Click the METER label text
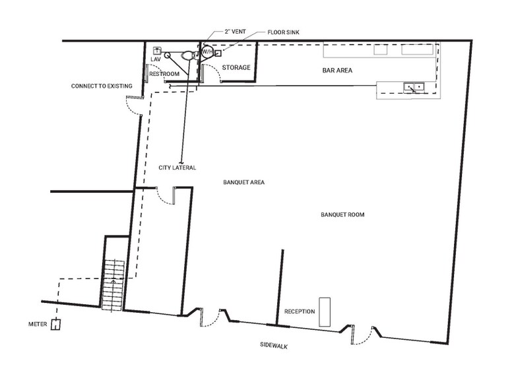pyautogui.click(x=38, y=324)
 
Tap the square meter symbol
pyautogui.click(x=57, y=325)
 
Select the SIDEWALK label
pyautogui.click(x=274, y=346)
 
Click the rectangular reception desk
pyautogui.click(x=324, y=311)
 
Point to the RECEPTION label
pyautogui.click(x=299, y=311)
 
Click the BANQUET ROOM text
pyautogui.click(x=342, y=214)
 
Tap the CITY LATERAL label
pyautogui.click(x=177, y=168)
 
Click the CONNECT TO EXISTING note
pyautogui.click(x=102, y=86)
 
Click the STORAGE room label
pyautogui.click(x=235, y=67)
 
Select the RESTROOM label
pyautogui.click(x=164, y=74)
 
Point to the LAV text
pyautogui.click(x=155, y=60)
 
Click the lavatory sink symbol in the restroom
pyautogui.click(x=158, y=50)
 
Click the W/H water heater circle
pyautogui.click(x=206, y=51)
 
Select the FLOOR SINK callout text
pyautogui.click(x=283, y=31)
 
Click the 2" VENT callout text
pyautogui.click(x=235, y=31)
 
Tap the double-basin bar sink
pyautogui.click(x=414, y=86)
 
